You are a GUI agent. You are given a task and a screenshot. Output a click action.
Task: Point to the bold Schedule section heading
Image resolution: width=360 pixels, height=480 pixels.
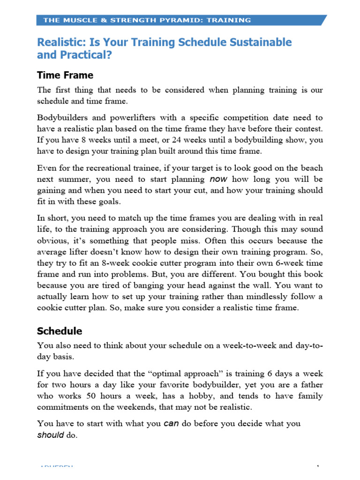click(60, 331)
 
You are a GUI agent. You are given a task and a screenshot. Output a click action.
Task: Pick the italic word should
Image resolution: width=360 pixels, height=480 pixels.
click(50, 435)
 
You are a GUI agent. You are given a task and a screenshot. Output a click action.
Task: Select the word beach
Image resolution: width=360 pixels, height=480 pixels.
click(311, 167)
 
